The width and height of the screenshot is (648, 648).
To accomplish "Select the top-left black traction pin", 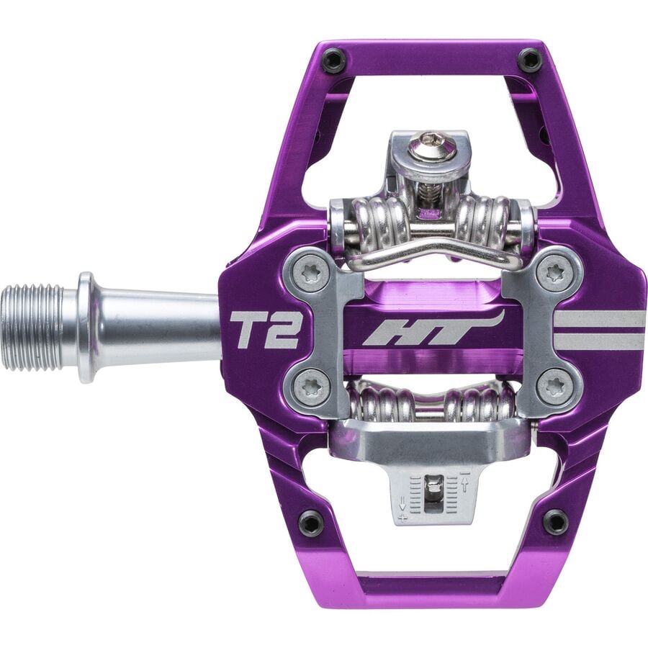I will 333,60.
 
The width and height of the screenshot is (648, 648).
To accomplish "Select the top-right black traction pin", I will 530,60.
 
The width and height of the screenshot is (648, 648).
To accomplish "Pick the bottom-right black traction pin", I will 555,521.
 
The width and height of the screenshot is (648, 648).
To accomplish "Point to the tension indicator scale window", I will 433,494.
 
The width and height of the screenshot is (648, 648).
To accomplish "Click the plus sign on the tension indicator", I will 402,516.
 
